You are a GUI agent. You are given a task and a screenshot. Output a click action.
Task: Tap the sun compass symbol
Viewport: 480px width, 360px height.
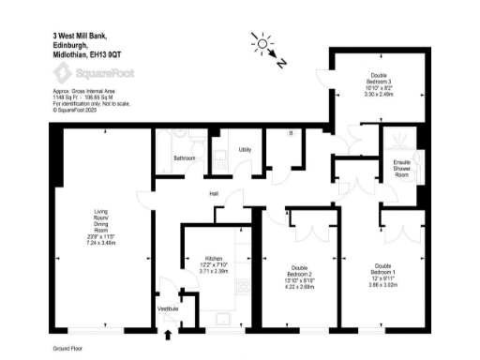click(x=261, y=43)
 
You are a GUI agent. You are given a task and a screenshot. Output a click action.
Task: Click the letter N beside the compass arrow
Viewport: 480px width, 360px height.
click(x=284, y=64)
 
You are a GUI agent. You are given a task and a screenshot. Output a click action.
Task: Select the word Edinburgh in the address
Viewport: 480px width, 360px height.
click(x=70, y=46)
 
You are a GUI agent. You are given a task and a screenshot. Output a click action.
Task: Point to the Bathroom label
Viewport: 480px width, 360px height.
click(x=184, y=157)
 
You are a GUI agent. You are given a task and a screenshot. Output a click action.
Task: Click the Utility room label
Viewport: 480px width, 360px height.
click(x=244, y=149)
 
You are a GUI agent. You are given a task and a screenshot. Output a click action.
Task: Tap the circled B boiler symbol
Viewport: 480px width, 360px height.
click(x=291, y=133)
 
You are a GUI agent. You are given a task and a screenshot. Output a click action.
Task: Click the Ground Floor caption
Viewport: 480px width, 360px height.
click(x=69, y=347)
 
